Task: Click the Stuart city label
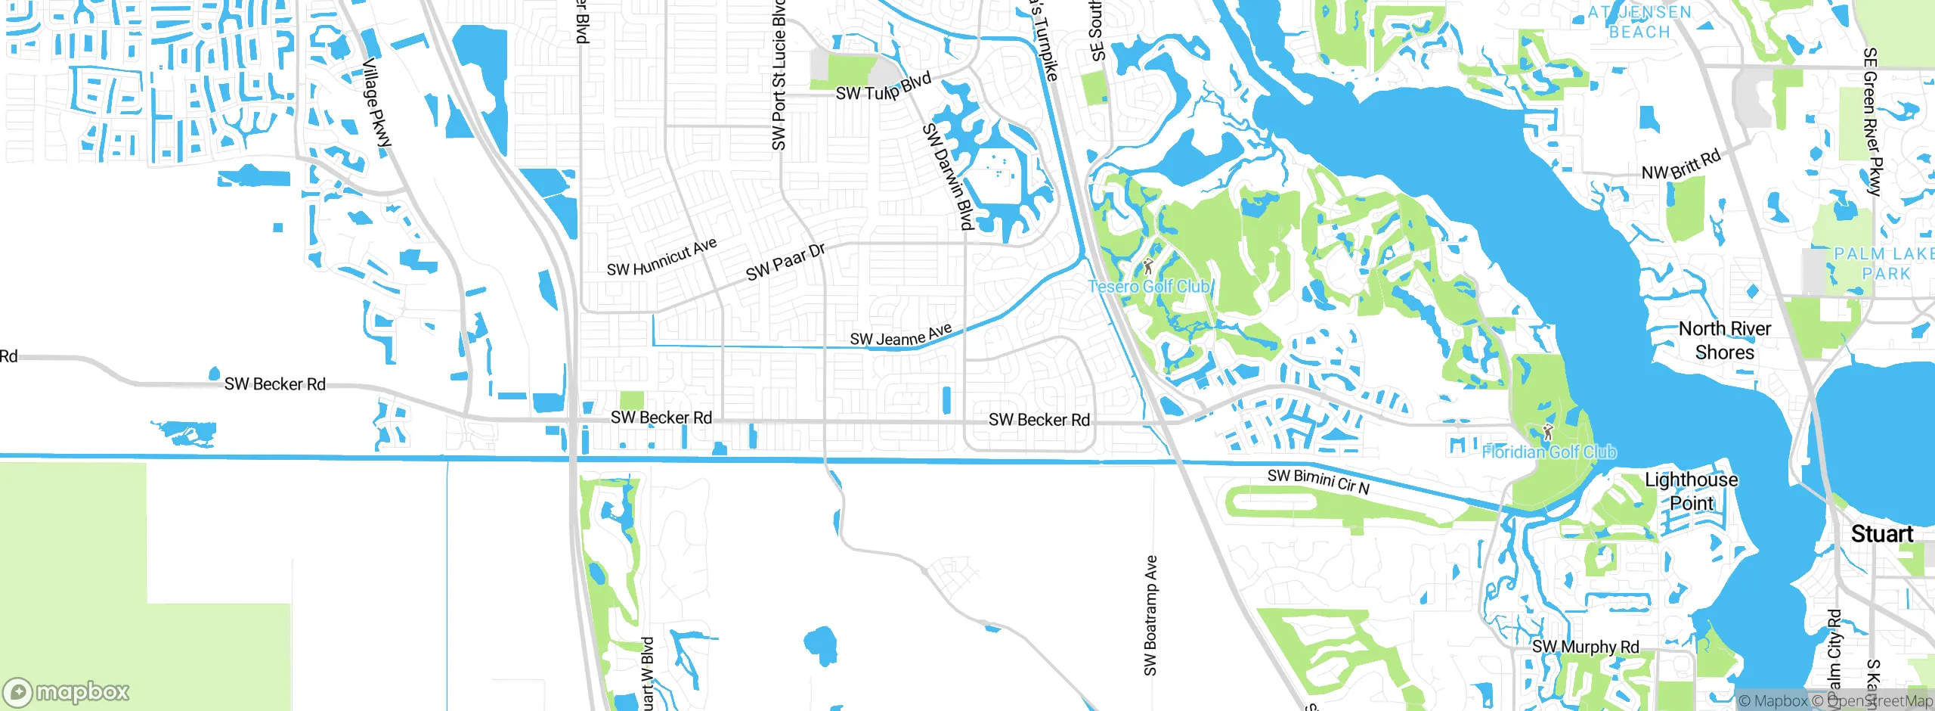coord(1881,534)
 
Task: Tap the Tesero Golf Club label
coord(1150,287)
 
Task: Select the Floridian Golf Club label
coord(1549,452)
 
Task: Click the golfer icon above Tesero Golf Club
coord(1148,266)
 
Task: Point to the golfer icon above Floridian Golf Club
coord(1547,433)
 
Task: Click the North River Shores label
coord(1724,340)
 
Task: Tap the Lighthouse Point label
coord(1691,492)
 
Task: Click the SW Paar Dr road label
coord(785,262)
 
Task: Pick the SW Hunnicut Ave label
coord(661,258)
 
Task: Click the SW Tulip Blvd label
coord(883,88)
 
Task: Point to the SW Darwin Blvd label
coord(947,176)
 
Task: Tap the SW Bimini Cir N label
coord(1318,481)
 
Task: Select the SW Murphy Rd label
coord(1585,647)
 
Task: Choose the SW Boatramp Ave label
coord(1150,615)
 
